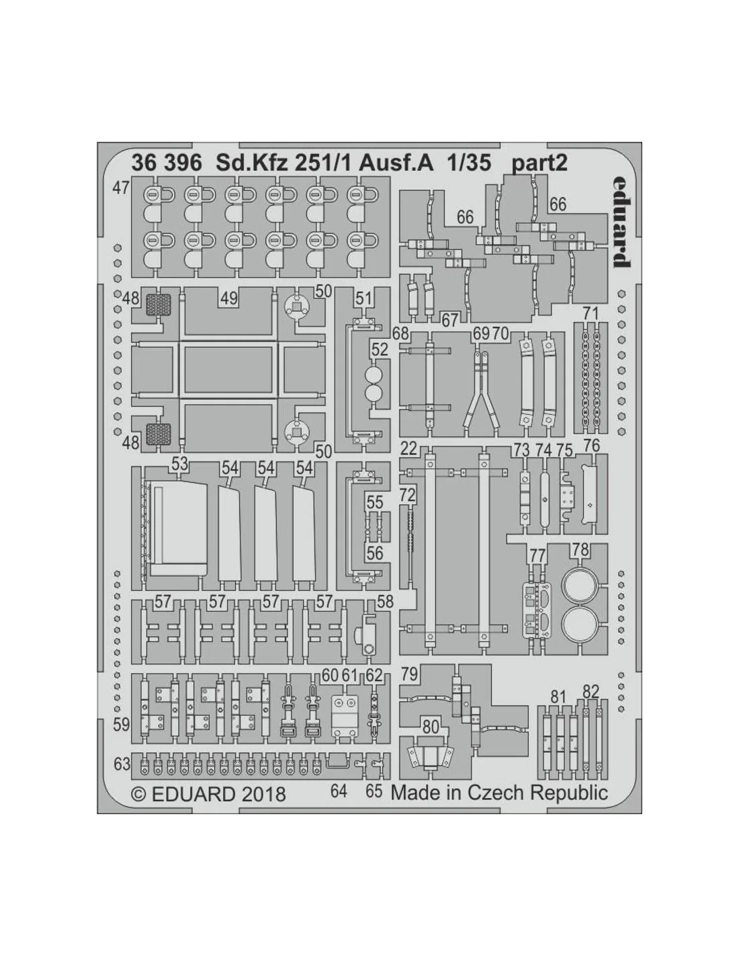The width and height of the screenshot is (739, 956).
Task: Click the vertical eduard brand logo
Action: coord(621,222)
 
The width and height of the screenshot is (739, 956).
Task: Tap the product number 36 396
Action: coord(167,163)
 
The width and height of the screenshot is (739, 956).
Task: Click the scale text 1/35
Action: coord(469,163)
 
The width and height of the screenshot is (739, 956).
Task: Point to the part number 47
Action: coord(121,188)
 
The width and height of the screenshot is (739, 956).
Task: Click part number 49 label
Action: coord(228,298)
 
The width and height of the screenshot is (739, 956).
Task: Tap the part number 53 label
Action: coord(180,464)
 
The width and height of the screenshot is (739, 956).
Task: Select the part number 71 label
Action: coord(591,314)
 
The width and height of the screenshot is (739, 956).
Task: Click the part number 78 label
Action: coord(580,550)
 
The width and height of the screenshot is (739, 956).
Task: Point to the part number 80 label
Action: coord(431,727)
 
